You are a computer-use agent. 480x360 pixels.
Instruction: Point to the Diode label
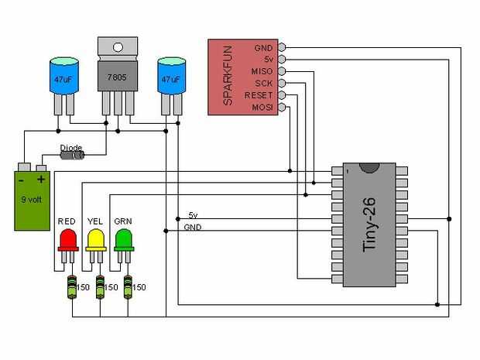[71, 146]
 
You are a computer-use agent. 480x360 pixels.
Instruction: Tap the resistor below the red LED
[73, 287]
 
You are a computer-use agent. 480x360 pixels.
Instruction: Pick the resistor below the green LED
[129, 287]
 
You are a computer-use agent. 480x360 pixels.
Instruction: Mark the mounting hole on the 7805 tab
[117, 46]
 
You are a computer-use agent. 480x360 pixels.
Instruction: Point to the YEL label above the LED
[95, 221]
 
